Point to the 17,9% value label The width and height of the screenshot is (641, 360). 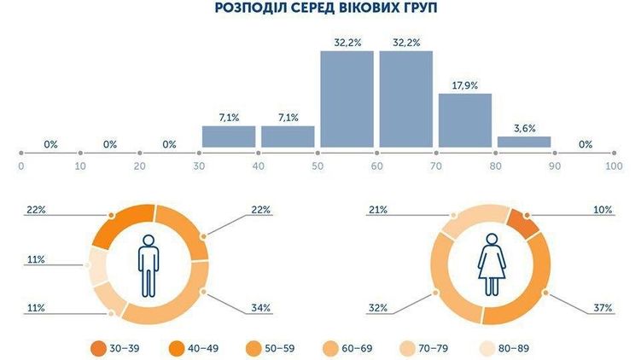pos(465,84)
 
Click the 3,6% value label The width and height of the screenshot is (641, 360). pos(524,128)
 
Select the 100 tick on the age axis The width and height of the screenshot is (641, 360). pos(613,166)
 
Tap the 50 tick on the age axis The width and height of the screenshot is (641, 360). pos(317,166)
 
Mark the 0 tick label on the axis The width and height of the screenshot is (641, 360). pos(20,166)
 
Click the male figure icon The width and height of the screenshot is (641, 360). pos(149,265)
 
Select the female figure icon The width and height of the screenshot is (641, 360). pos(493,265)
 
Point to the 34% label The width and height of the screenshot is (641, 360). pos(262,307)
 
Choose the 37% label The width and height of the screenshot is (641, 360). pos(603,307)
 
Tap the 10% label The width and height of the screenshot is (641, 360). pos(603,209)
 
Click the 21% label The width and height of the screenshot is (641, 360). pos(379,209)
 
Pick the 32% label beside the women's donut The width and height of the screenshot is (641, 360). pos(379,307)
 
